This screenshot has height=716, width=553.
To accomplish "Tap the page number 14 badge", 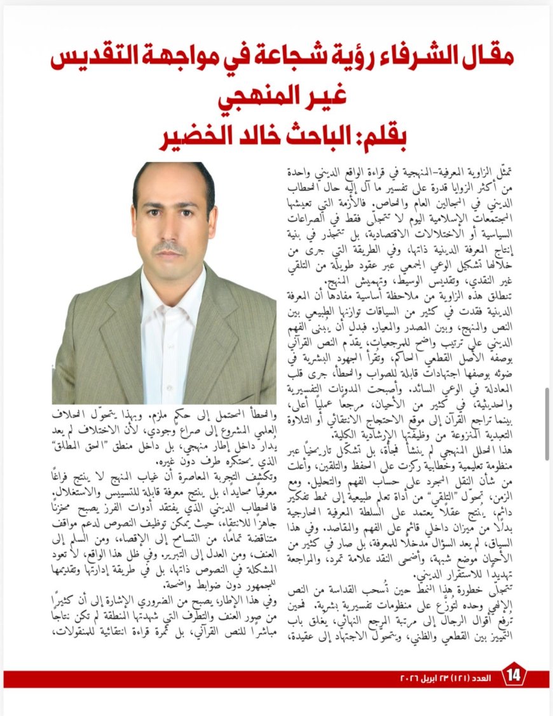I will tap(514, 679).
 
